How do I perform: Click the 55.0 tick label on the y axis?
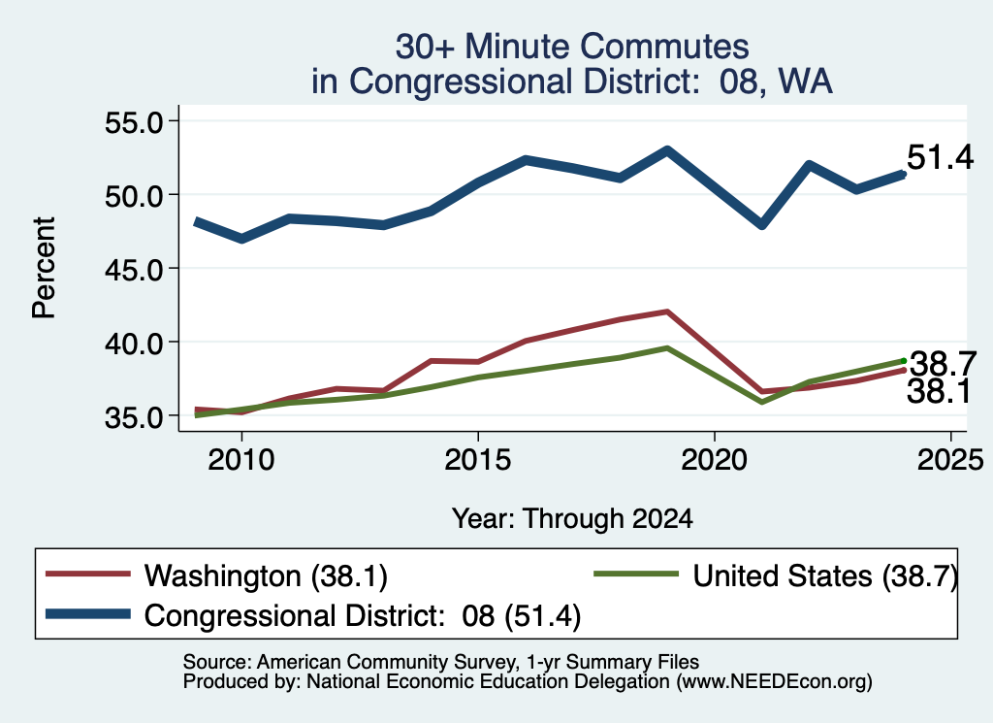click(134, 121)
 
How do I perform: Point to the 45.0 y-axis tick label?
click(134, 269)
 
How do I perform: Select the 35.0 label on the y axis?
click(134, 417)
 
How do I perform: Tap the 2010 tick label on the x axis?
click(241, 459)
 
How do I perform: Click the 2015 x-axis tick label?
click(477, 459)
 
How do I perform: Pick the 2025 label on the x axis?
click(950, 459)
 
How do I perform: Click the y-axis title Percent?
click(44, 268)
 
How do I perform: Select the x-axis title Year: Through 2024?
click(572, 518)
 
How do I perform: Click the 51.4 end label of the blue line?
click(940, 156)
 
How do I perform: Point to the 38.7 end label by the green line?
click(943, 364)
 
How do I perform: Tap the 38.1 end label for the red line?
click(939, 391)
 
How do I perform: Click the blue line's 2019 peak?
click(667, 150)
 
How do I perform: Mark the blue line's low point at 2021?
click(762, 224)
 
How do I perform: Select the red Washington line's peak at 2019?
click(667, 312)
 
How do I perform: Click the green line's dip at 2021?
click(762, 402)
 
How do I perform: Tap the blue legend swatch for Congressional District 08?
click(88, 614)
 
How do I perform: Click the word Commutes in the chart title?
click(664, 47)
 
